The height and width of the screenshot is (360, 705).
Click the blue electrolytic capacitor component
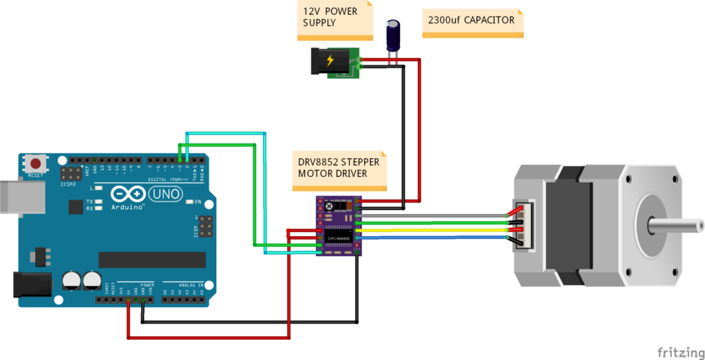[x=393, y=36]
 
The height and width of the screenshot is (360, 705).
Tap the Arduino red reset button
[x=34, y=164]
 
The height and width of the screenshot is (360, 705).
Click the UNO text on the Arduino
[x=165, y=194]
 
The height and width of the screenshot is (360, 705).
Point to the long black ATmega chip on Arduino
[x=151, y=260]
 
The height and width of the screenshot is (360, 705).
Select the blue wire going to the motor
[x=434, y=237]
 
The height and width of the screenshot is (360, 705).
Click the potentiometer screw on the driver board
[x=329, y=207]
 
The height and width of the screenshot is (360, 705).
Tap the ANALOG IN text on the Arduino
[x=191, y=284]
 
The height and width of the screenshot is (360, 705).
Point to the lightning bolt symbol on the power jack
[x=330, y=61]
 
